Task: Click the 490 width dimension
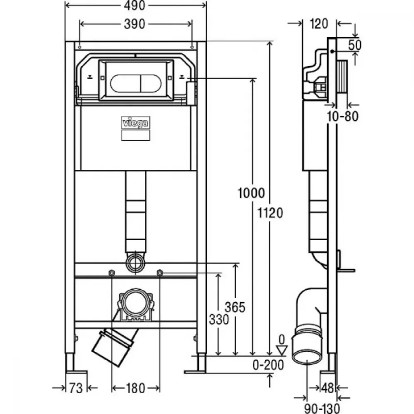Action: tap(135, 5)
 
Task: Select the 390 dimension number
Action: tap(135, 24)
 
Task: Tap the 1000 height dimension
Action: tap(251, 193)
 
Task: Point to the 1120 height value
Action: tap(270, 213)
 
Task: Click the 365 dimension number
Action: tap(235, 307)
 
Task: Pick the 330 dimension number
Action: tap(219, 320)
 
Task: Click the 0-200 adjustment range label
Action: tap(268, 365)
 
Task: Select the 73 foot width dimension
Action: tap(76, 388)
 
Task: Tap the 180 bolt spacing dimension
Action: tap(135, 388)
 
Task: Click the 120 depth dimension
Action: tap(319, 24)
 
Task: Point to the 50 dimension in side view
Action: tap(355, 45)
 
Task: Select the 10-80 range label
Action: tap(342, 116)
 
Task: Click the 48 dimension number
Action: tap(327, 388)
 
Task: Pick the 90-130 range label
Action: tap(322, 409)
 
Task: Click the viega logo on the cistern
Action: tap(135, 123)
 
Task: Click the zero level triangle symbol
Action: tap(282, 350)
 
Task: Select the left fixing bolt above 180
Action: tap(112, 272)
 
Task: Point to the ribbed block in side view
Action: tap(342, 77)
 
